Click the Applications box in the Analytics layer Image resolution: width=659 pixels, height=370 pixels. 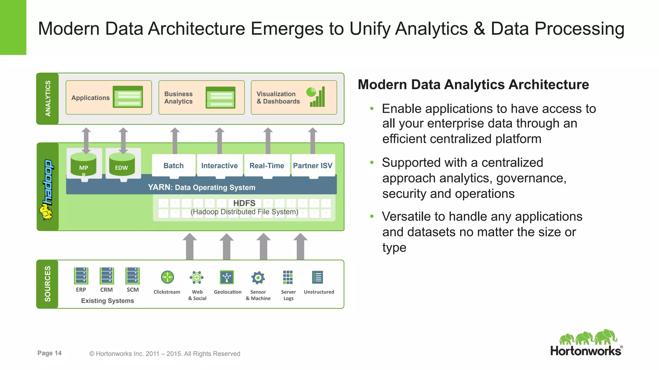click(x=108, y=97)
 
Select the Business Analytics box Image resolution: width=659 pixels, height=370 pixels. click(x=201, y=97)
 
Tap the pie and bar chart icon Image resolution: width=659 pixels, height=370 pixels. click(x=317, y=97)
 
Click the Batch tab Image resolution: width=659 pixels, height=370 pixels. click(x=173, y=165)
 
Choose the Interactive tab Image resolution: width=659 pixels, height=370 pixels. click(x=219, y=165)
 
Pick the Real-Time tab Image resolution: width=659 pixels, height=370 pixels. click(x=267, y=165)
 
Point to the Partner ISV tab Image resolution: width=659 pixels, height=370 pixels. click(x=312, y=165)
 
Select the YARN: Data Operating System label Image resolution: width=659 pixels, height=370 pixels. click(x=201, y=187)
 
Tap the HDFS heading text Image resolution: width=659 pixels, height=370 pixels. click(x=244, y=203)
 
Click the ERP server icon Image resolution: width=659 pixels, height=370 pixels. click(x=81, y=276)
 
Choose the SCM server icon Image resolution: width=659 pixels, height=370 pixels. click(x=133, y=276)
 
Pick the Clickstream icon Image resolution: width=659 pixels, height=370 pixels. click(x=167, y=277)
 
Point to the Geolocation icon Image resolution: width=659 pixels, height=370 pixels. click(x=227, y=277)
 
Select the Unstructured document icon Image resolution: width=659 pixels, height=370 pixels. click(x=317, y=277)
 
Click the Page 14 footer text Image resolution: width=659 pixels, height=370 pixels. click(x=50, y=353)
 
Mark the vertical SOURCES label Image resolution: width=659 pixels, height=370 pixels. click(x=48, y=284)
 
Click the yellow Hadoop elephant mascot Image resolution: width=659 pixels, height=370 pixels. click(x=46, y=212)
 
